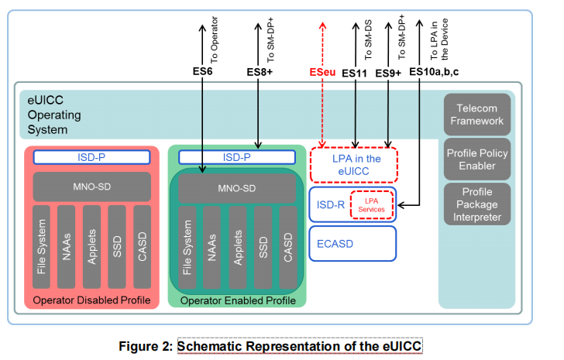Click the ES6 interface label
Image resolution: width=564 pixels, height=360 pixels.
202,73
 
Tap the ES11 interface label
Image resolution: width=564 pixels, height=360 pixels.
354,73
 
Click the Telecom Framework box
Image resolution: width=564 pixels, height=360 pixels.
477,115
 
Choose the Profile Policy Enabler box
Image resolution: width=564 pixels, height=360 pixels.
477,159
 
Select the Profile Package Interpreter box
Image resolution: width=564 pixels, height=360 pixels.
477,204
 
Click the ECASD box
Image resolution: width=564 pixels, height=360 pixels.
352,242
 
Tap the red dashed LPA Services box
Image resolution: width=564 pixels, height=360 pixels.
371,204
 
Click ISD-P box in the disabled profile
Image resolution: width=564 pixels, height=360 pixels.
91,157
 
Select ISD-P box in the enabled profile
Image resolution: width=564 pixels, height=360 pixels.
237,157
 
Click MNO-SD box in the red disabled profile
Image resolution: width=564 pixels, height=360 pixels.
91,187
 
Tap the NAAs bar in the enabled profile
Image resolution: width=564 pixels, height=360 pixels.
212,246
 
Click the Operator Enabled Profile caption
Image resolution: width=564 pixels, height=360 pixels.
237,300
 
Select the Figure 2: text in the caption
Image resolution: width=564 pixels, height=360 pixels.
144,346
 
